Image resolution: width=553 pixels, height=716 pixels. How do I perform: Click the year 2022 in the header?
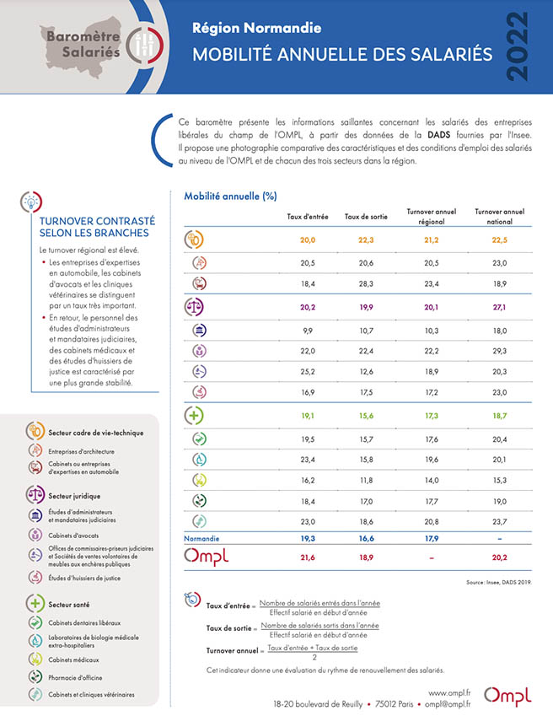(518, 46)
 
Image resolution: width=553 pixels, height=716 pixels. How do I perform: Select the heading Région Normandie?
(256, 29)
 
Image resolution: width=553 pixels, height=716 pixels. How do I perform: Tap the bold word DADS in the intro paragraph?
(438, 135)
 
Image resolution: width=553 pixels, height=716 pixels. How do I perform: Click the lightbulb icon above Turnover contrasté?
(31, 202)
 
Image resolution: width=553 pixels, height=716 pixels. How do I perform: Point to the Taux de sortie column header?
(366, 217)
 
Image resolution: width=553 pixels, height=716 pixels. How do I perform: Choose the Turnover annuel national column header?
(500, 217)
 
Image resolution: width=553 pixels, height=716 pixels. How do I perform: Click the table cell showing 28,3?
(366, 284)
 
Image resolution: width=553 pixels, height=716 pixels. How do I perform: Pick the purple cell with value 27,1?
(500, 307)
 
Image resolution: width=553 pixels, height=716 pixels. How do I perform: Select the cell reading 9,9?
(308, 331)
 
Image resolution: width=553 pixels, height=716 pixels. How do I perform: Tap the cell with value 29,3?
(500, 351)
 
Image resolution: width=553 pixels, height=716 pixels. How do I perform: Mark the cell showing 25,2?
(308, 372)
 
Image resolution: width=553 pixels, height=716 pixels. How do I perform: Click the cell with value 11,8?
(366, 481)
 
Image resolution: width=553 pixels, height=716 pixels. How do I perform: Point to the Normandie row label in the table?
(201, 539)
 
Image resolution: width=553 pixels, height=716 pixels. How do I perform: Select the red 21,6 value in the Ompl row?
(308, 557)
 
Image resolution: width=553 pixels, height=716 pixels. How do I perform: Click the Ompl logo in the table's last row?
(206, 557)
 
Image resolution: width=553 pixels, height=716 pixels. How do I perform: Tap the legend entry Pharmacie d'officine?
(75, 678)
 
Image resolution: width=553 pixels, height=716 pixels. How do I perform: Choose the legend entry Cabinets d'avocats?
(73, 536)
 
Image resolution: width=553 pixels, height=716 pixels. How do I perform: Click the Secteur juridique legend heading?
(74, 496)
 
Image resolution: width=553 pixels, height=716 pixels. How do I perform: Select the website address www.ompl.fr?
(449, 693)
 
